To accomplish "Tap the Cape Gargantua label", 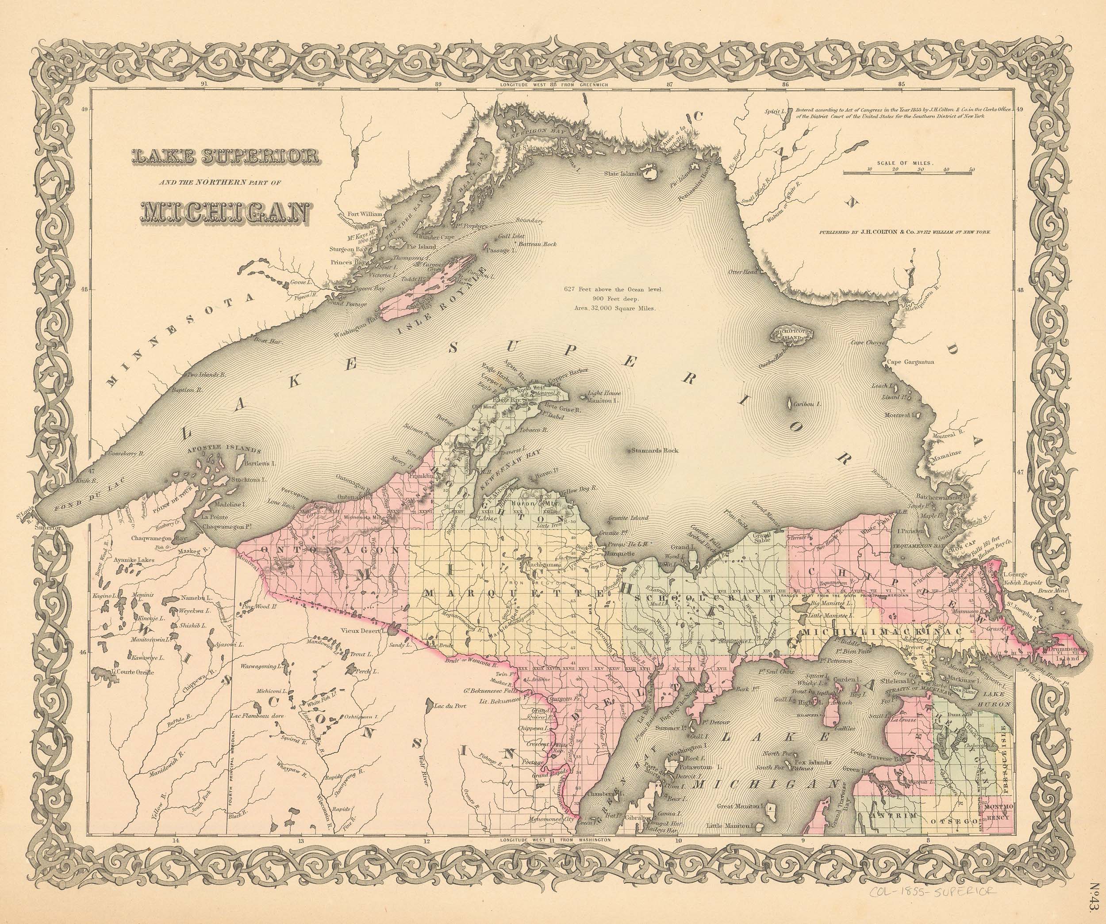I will (x=910, y=362).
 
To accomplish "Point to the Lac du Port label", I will (x=449, y=707).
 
